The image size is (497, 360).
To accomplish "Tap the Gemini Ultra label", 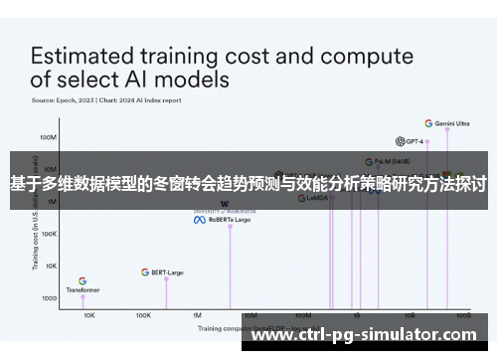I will point(452,123).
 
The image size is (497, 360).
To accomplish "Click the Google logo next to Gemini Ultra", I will point(428,123).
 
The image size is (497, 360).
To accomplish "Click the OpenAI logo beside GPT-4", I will point(399,141).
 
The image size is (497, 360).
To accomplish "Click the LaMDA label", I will point(317,198).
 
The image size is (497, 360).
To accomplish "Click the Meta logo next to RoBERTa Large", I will point(199,219).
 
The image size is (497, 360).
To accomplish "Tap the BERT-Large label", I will point(166,271).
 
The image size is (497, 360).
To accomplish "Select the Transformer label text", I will point(83,289).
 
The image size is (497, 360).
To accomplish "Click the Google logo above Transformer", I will point(83,280).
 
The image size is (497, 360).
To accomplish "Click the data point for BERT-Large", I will point(166,278).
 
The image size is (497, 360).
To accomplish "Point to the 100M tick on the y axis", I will point(48,136).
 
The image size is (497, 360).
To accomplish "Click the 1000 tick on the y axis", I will point(48,297).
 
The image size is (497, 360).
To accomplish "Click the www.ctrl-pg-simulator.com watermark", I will point(370,336).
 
